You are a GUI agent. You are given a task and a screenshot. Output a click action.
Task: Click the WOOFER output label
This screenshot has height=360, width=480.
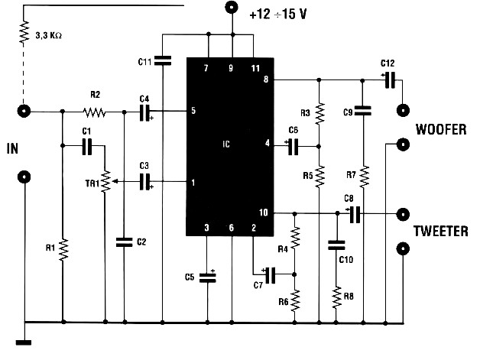point(440,130)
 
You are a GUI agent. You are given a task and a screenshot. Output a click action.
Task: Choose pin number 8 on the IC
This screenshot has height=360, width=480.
point(265,79)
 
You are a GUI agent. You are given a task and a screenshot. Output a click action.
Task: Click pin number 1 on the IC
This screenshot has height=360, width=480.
point(193,182)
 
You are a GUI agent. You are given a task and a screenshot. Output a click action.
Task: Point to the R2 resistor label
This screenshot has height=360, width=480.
point(95,96)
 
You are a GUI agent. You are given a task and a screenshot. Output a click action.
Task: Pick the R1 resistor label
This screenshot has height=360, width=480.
point(49,248)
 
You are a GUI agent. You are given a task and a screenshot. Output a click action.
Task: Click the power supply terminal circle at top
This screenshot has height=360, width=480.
point(231,8)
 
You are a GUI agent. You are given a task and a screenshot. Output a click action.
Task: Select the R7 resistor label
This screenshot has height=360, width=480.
point(351,175)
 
